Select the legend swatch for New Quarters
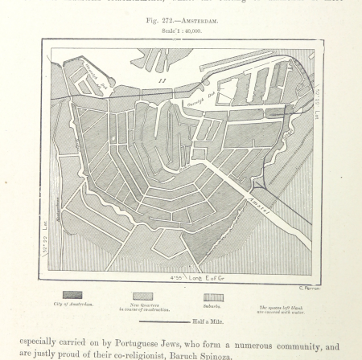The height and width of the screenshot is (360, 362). pos(142,295)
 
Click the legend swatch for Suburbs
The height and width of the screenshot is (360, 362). pos(213,296)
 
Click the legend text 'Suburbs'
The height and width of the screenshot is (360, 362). pos(212,305)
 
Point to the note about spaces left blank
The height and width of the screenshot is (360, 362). pos(282,308)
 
